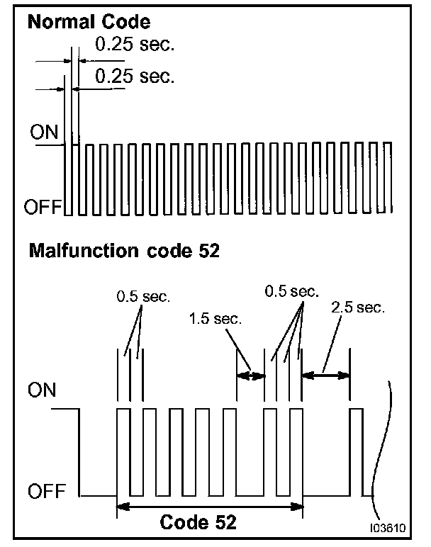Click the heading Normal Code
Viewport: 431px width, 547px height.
coord(88,23)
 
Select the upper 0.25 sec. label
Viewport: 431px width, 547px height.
coord(134,45)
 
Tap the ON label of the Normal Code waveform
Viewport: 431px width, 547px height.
coord(42,132)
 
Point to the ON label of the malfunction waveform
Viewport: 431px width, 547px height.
coord(42,391)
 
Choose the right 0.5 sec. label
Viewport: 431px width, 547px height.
coord(291,291)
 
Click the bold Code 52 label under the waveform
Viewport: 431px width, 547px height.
coord(198,524)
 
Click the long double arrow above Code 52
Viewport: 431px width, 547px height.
coord(209,506)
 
